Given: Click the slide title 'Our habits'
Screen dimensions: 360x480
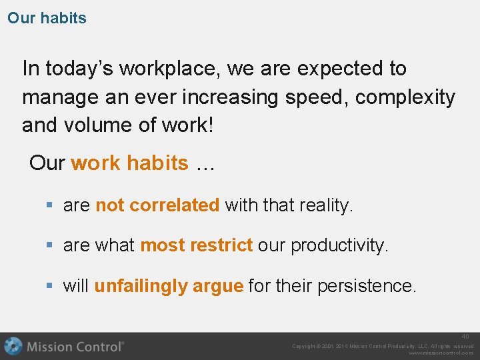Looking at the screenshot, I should click(x=47, y=18).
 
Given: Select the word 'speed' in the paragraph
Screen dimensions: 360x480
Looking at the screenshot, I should click(x=317, y=97).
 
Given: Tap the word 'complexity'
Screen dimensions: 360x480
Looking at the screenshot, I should click(x=405, y=97).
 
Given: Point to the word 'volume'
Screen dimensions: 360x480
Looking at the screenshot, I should click(x=98, y=125).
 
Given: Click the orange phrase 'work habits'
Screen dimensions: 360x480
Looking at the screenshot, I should click(x=129, y=163).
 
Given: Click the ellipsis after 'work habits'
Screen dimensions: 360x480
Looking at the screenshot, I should click(x=204, y=164).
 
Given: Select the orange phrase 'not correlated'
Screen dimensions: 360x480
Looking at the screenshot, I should click(x=157, y=205).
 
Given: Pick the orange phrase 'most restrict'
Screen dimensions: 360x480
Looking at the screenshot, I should click(x=196, y=245).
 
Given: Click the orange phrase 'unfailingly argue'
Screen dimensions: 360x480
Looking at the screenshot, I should click(x=168, y=286).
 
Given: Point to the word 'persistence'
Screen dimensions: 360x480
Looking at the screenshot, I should click(x=367, y=286).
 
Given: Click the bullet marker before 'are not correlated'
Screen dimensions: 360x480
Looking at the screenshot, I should click(x=50, y=205).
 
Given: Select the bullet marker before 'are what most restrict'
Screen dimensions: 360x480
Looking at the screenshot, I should click(x=50, y=245).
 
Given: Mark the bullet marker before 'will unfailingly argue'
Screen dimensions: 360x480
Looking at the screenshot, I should click(x=50, y=286).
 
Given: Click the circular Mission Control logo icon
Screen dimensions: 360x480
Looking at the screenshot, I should click(x=13, y=346).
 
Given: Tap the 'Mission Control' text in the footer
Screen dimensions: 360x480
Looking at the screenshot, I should click(x=75, y=347).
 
